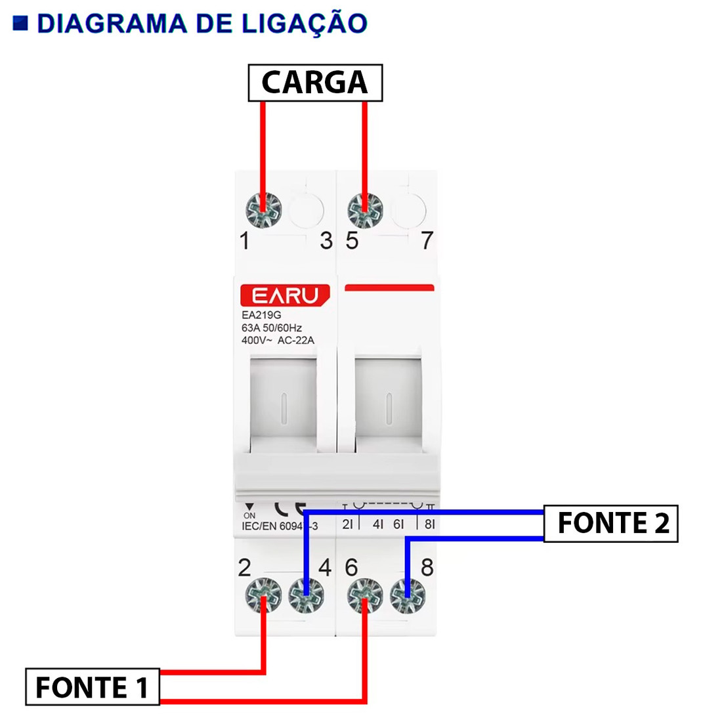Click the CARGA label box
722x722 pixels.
click(315, 83)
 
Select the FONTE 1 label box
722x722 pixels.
click(92, 687)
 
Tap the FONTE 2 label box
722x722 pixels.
click(611, 523)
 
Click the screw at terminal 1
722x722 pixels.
click(263, 211)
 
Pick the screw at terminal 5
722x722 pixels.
click(364, 211)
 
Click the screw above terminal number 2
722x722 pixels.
click(263, 597)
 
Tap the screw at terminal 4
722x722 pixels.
click(306, 597)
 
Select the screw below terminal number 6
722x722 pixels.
click(364, 597)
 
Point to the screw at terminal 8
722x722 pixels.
click(408, 597)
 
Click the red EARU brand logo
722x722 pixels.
click(285, 295)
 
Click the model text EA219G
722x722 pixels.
click(261, 315)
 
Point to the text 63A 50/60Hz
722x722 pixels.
click(272, 328)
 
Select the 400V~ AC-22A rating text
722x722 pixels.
click(278, 340)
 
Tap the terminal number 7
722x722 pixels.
click(427, 241)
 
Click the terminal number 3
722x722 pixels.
click(326, 241)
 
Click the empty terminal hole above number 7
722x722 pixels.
click(408, 210)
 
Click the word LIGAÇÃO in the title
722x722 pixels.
click(304, 24)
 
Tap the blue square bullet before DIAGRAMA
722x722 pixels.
click(21, 24)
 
